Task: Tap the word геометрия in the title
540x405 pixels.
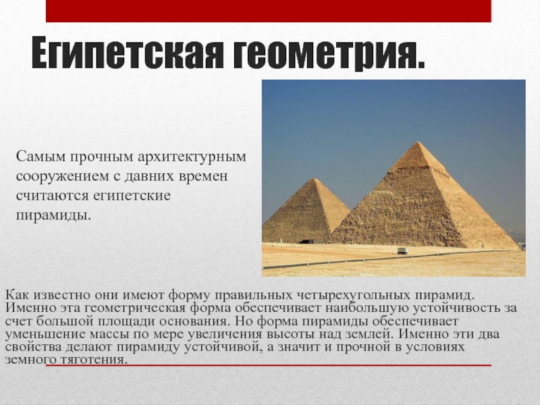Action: click(330, 57)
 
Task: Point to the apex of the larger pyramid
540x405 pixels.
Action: click(420, 142)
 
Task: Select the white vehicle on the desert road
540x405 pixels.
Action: click(402, 250)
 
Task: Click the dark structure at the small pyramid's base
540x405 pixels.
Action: click(305, 240)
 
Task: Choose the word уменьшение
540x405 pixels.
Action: click(41, 333)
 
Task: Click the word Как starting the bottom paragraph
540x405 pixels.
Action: click(16, 296)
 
